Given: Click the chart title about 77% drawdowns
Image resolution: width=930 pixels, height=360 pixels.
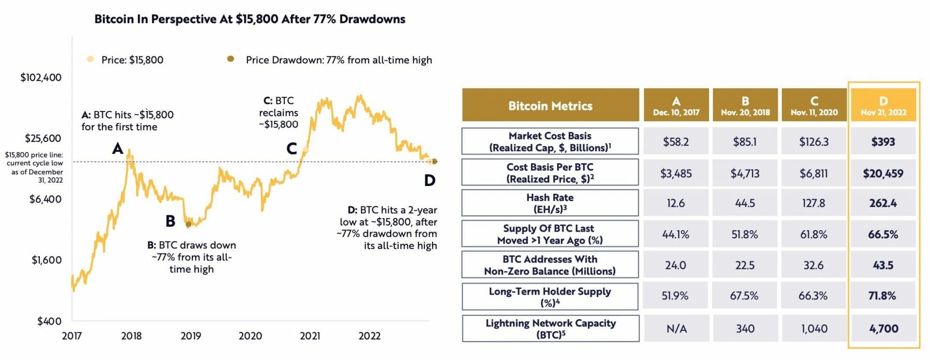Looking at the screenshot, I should pyautogui.click(x=249, y=19).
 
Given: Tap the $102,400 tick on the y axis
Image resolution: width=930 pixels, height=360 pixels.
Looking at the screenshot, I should pyautogui.click(x=41, y=78).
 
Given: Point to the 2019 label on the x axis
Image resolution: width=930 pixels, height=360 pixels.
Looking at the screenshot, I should pyautogui.click(x=191, y=336).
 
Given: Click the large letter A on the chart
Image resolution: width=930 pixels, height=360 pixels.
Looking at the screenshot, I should pyautogui.click(x=118, y=148).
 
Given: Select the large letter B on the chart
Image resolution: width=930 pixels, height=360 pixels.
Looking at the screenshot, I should pyautogui.click(x=170, y=221).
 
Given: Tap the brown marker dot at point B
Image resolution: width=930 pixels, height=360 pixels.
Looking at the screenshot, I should pyautogui.click(x=188, y=224).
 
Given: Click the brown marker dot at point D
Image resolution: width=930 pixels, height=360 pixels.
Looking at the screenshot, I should pyautogui.click(x=434, y=161).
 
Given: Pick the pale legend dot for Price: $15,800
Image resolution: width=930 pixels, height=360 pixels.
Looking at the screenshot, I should pyautogui.click(x=90, y=59).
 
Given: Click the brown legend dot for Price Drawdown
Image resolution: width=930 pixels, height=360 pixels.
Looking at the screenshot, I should pyautogui.click(x=231, y=59).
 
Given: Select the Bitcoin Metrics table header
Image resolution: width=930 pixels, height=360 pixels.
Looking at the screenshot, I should pyautogui.click(x=550, y=105).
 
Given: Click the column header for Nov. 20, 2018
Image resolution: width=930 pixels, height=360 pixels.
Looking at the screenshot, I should pyautogui.click(x=745, y=105).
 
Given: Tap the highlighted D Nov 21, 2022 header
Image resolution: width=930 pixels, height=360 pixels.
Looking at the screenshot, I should pyautogui.click(x=883, y=105).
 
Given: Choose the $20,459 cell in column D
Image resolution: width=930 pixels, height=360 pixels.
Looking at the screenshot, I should pyautogui.click(x=883, y=173).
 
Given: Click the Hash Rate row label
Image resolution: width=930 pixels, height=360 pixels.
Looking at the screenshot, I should pyautogui.click(x=550, y=203).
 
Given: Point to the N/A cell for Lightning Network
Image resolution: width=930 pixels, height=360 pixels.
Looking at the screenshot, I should pyautogui.click(x=676, y=329).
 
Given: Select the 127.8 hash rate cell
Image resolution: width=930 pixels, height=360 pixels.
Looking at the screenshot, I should pyautogui.click(x=814, y=203).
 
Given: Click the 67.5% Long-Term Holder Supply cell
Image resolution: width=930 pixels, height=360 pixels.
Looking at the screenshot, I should pyautogui.click(x=744, y=296).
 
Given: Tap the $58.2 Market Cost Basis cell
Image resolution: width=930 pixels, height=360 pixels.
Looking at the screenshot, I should pyautogui.click(x=676, y=142).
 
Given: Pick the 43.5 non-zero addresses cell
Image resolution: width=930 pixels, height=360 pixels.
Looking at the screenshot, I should pyautogui.click(x=883, y=265).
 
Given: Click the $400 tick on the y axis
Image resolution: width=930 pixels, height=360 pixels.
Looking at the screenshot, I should pyautogui.click(x=49, y=321).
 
